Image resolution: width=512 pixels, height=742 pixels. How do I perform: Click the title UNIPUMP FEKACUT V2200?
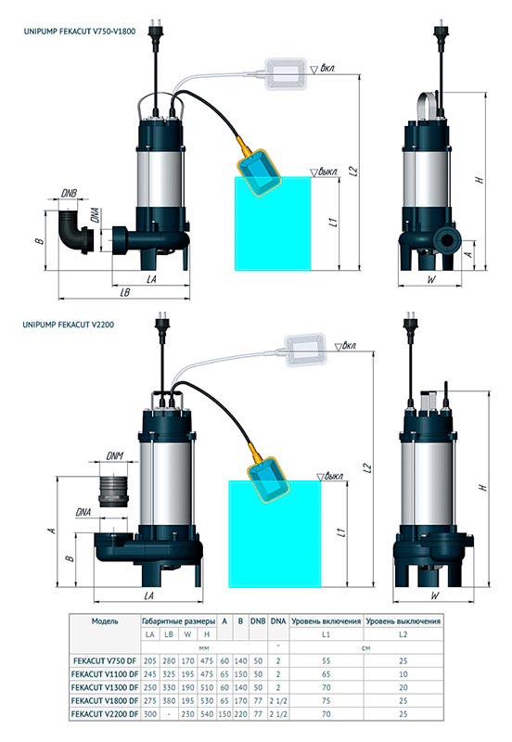pyautogui.click(x=68, y=325)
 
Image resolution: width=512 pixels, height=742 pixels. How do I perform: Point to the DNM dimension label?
pyautogui.click(x=114, y=455)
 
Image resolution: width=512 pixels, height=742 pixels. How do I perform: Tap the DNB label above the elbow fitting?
pyautogui.click(x=69, y=193)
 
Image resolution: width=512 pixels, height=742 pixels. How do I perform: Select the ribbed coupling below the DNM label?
pyautogui.click(x=113, y=491)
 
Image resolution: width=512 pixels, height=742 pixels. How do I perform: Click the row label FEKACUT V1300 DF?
pyautogui.click(x=105, y=687)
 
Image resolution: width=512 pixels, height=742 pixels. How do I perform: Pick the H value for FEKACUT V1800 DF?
pyautogui.click(x=207, y=700)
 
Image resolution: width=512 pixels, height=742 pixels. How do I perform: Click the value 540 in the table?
pyautogui.click(x=207, y=713)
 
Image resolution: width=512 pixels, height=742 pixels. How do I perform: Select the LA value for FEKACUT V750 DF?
pyautogui.click(x=150, y=660)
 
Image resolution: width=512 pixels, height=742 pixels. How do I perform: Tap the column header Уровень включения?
pyautogui.click(x=326, y=620)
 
